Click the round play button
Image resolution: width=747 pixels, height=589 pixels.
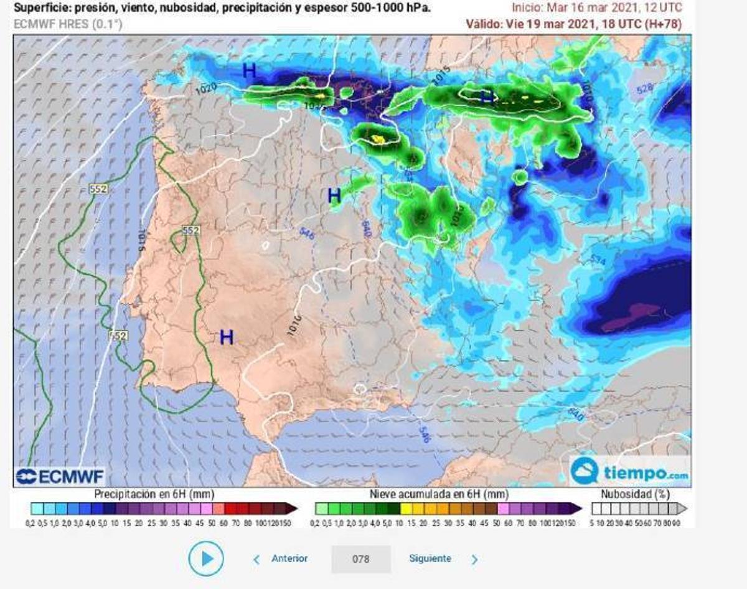206,558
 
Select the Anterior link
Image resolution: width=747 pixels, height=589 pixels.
289,558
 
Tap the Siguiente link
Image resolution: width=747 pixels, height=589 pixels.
430,558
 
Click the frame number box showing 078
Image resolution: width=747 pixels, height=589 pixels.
361,559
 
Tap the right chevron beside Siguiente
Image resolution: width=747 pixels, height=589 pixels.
474,559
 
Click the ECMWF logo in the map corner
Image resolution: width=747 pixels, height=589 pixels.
60,476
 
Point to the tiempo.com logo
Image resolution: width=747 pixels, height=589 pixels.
630,471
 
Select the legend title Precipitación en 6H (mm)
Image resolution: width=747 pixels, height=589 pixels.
154,494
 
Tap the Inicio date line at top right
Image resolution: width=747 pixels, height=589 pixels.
596,8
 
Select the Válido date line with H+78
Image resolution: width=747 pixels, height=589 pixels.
573,24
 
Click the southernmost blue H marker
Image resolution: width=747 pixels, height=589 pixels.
227,337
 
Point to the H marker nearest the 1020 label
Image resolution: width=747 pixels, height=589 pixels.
249,70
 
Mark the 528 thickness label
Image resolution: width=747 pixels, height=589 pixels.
645,90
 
